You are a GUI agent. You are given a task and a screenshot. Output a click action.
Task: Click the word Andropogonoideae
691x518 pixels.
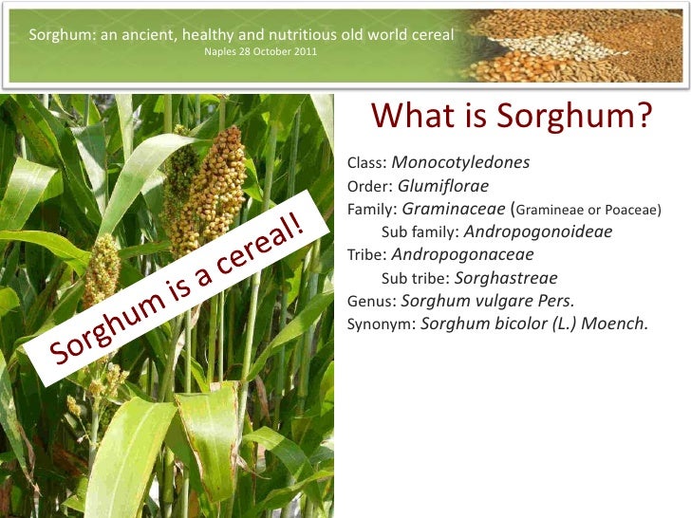[538, 231]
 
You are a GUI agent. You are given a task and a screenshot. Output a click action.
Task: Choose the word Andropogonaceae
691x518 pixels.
[462, 254]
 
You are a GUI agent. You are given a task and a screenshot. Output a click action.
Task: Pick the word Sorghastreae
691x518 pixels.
[506, 278]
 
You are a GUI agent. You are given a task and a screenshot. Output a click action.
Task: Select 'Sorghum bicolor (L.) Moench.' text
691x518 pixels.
[534, 324]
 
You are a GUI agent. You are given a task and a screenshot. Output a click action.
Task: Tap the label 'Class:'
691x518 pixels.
[367, 163]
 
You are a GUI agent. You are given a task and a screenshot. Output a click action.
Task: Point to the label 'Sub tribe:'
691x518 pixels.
[415, 279]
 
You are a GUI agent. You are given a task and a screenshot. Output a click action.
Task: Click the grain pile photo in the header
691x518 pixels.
[580, 45]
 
